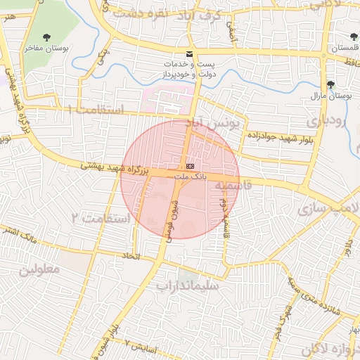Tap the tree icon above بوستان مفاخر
46,37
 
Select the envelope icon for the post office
188,54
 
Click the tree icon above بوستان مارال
330,84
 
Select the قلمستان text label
344,47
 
